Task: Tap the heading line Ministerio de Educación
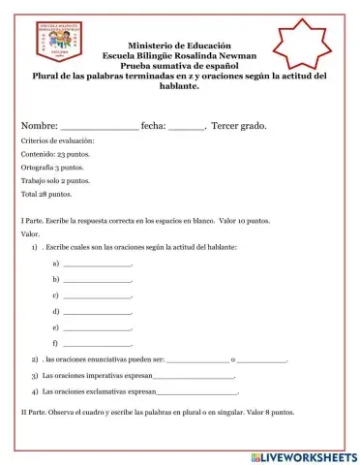coord(179,46)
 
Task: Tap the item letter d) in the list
coord(56,311)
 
